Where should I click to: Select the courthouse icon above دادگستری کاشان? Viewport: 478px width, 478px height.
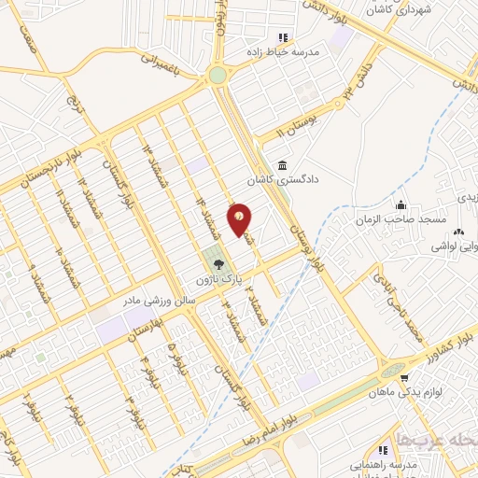[282, 165]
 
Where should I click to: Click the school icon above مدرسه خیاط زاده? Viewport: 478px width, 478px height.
[282, 38]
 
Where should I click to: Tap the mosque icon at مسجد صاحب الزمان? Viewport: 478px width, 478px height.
[401, 205]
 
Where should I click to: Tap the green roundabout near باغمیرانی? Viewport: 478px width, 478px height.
[218, 76]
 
